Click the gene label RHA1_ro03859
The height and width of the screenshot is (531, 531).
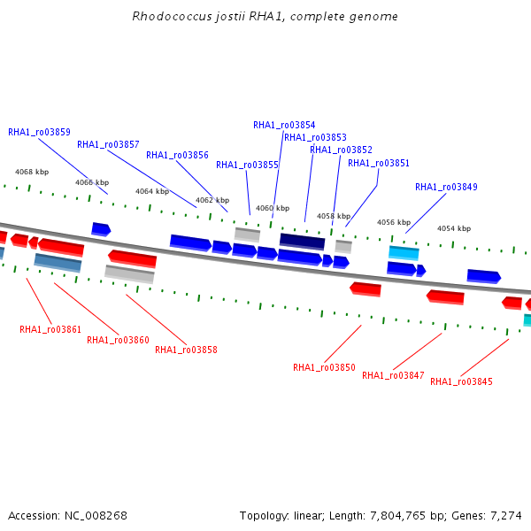tap(39, 132)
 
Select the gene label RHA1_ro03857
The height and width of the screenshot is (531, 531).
tap(108, 144)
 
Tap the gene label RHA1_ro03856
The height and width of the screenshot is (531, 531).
tap(177, 155)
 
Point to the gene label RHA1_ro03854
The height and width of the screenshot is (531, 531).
tap(284, 126)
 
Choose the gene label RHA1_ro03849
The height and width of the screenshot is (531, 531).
tap(446, 187)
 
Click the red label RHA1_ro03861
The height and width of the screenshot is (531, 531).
tap(50, 329)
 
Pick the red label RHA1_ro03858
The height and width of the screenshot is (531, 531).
tap(186, 350)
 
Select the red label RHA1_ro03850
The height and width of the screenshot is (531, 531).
tap(324, 367)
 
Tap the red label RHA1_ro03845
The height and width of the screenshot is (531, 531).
tap(461, 381)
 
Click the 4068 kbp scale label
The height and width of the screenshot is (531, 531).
tap(32, 172)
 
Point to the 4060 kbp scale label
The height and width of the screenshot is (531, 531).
tap(273, 208)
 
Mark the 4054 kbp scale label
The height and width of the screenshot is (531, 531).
tap(454, 228)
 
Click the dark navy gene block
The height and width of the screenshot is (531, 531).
tap(302, 242)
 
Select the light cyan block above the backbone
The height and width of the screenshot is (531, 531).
tap(404, 253)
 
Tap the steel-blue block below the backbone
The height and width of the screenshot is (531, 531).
tap(58, 263)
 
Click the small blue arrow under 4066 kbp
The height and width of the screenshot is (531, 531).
tap(101, 229)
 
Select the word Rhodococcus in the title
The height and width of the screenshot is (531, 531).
tap(172, 16)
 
